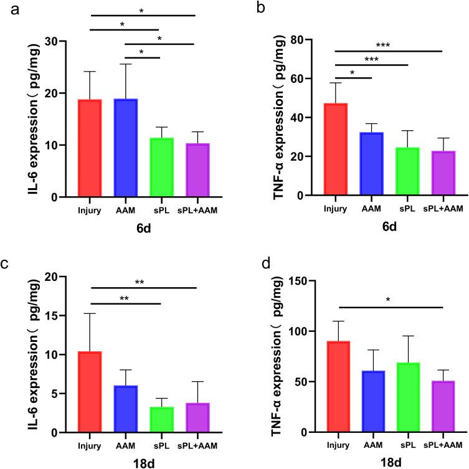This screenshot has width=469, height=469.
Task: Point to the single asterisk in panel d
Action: pyautogui.click(x=388, y=300)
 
